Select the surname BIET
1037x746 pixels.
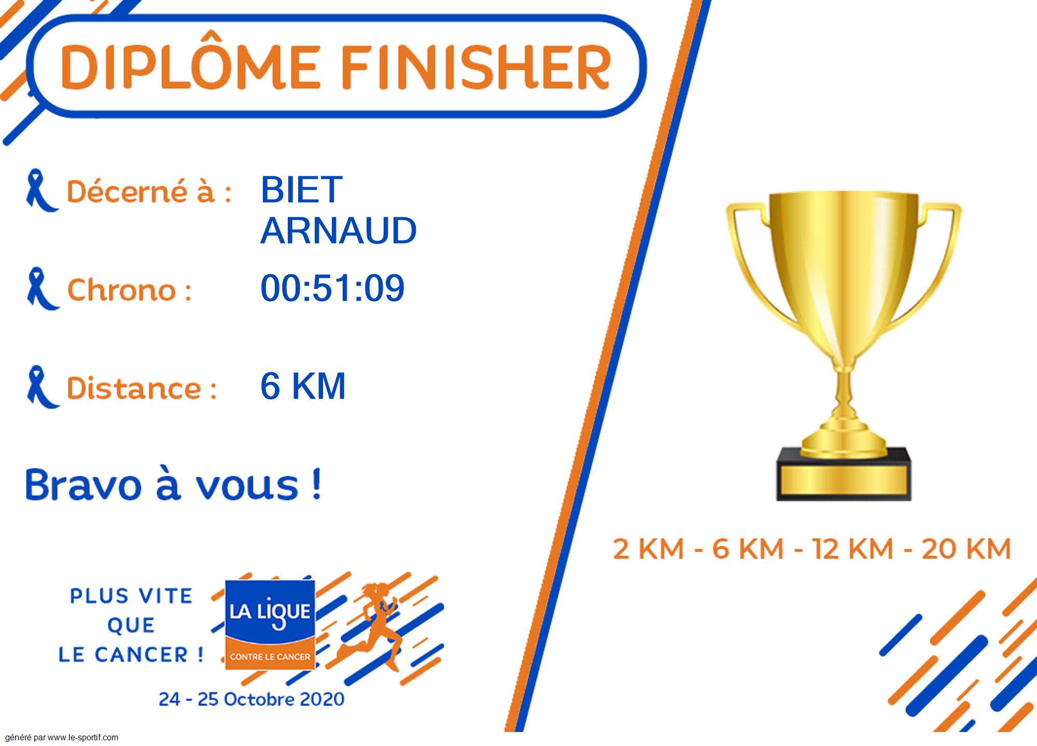coord(301,190)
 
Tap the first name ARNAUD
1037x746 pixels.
coord(339,231)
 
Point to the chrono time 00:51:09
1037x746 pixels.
coord(332,288)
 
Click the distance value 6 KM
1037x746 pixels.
coord(303,386)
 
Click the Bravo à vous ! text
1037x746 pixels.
coord(174,485)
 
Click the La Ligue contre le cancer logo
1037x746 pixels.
coord(270,625)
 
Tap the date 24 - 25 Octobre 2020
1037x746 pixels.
coord(251,699)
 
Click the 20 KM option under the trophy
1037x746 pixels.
coord(966,549)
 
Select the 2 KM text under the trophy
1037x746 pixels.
coord(648,549)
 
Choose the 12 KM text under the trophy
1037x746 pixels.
coord(853,549)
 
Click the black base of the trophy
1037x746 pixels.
coord(844,474)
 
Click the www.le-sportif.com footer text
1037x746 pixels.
coord(83,738)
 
